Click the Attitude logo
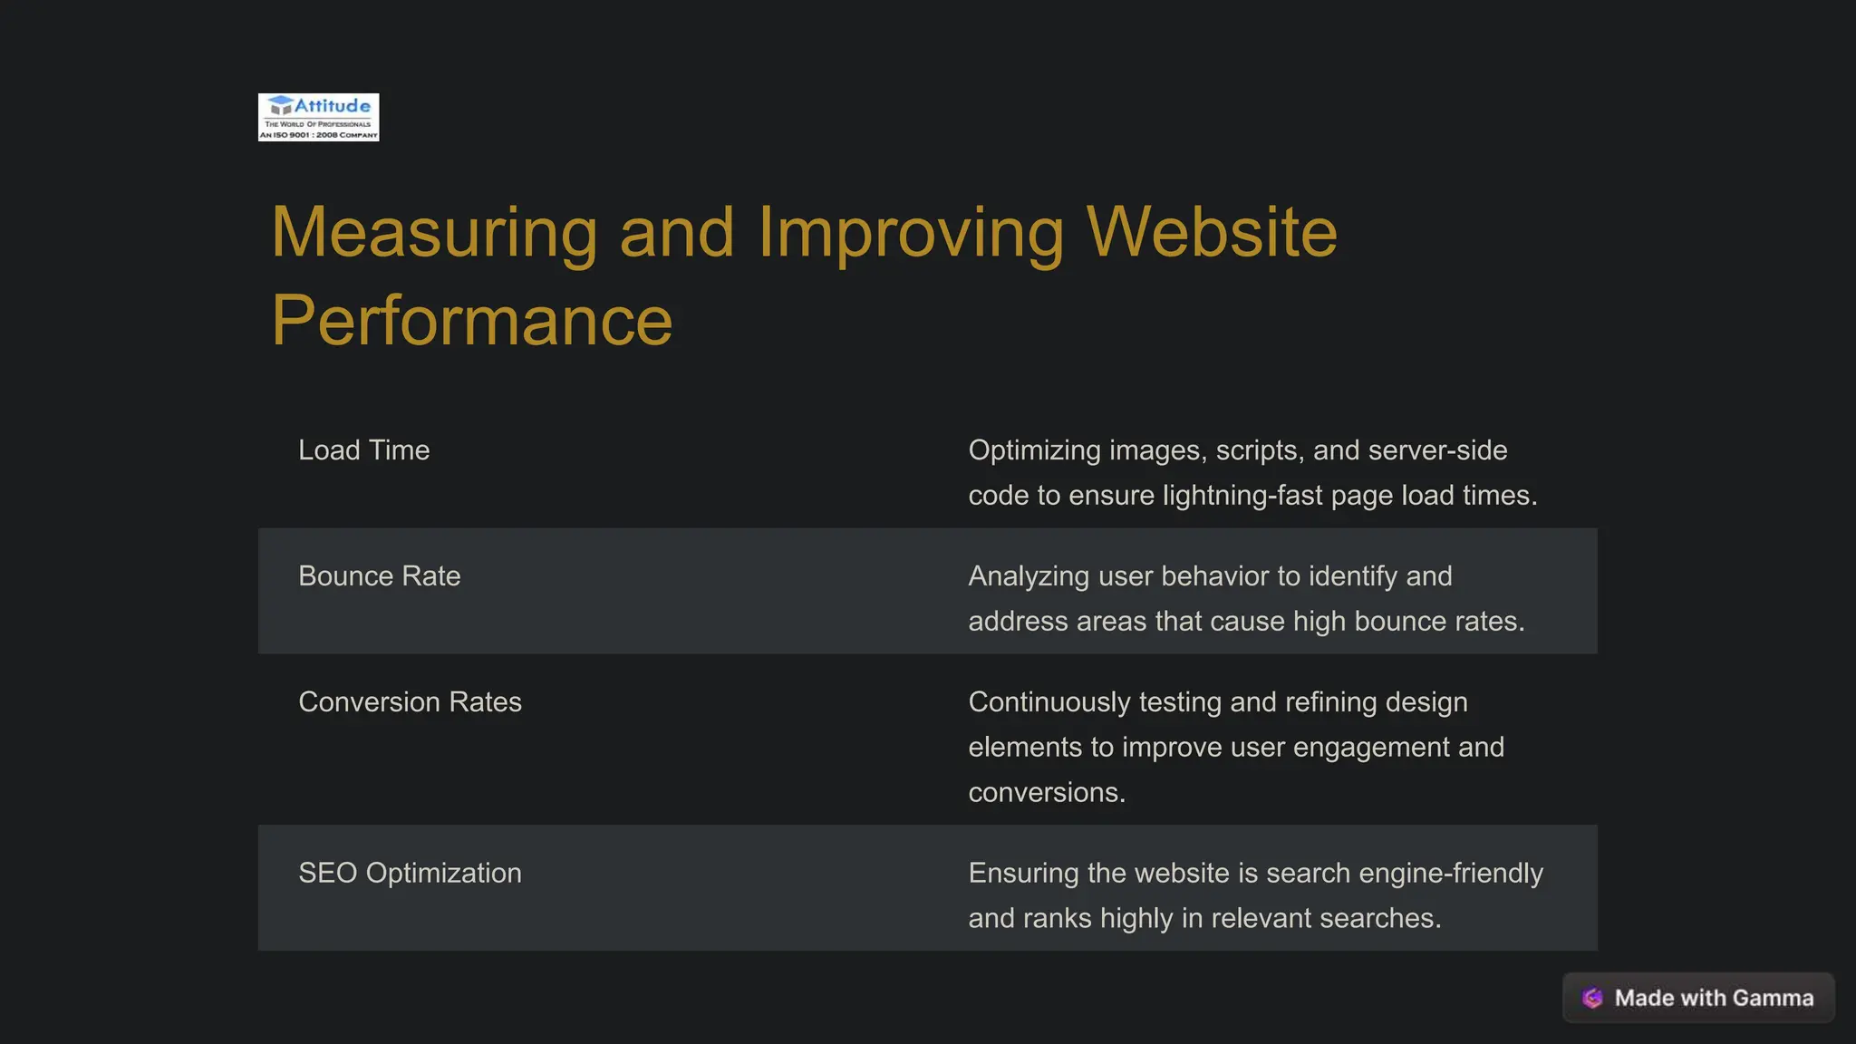pos(318,117)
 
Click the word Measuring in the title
pos(434,232)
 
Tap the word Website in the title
pos(1211,232)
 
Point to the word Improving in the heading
pos(911,234)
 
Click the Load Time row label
pos(363,450)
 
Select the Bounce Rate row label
pos(379,576)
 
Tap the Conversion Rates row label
pos(410,702)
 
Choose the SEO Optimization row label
pos(410,874)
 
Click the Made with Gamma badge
pos(1698,998)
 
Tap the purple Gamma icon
pos(1592,998)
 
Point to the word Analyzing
pos(1029,577)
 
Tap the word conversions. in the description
pos(1047,793)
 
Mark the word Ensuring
pos(1023,874)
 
